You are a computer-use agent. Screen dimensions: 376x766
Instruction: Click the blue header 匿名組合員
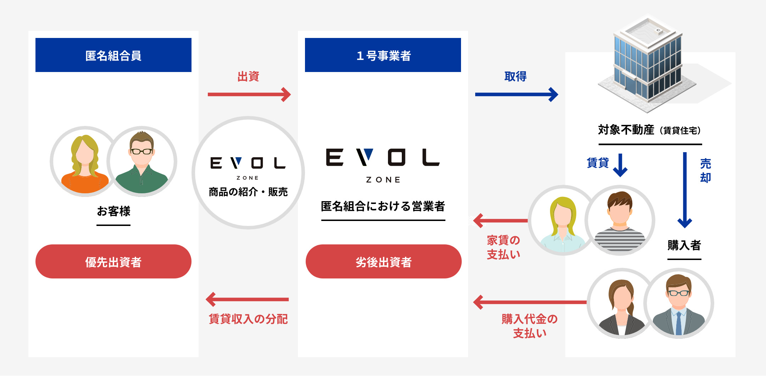(113, 55)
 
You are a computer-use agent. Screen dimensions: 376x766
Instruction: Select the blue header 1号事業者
(383, 55)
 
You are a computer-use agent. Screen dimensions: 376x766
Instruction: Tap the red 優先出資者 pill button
(113, 261)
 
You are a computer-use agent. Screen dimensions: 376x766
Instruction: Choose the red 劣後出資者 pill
(383, 261)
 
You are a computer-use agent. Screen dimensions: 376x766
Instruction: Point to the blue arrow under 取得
(516, 94)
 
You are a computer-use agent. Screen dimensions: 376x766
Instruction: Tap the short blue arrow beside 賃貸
(620, 165)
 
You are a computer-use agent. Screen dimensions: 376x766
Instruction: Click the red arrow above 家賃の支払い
(500, 221)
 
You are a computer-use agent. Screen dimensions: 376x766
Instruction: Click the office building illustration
(648, 64)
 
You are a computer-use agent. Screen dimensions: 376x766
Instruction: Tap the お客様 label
(113, 211)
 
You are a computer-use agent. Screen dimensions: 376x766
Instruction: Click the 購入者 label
(684, 245)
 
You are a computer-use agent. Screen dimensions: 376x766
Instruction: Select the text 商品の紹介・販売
(248, 192)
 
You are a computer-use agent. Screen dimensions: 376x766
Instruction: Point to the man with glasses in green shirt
(142, 161)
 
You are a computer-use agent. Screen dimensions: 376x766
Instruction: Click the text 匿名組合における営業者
(383, 206)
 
